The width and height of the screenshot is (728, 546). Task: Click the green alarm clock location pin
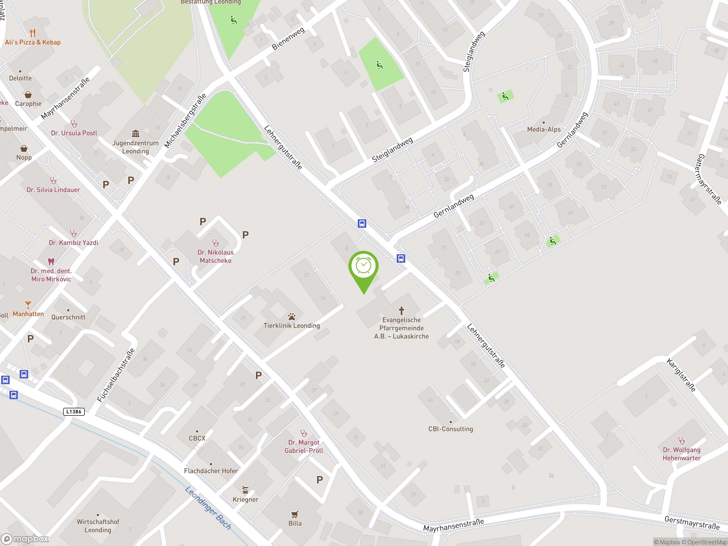(x=363, y=266)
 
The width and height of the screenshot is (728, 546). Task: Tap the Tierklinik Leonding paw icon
(x=291, y=317)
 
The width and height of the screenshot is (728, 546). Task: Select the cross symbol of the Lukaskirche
(x=401, y=310)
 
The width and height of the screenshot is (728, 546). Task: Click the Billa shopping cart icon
(x=295, y=514)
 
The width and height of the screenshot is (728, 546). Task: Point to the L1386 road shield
(x=74, y=411)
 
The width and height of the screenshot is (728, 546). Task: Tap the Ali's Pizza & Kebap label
(x=33, y=42)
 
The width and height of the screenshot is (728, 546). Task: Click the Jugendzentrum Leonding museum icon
(x=136, y=134)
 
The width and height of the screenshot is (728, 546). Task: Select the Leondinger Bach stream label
(x=208, y=508)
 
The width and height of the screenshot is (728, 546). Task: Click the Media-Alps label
(x=544, y=129)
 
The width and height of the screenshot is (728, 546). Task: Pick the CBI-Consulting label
(x=450, y=429)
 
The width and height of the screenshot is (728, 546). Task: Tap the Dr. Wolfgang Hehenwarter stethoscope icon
(x=682, y=440)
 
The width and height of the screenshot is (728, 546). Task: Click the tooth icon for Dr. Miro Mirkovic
(x=51, y=262)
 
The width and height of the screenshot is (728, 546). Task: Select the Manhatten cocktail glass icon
(x=28, y=305)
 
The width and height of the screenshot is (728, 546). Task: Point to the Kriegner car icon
(x=245, y=490)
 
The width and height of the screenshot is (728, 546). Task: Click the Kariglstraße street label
(x=681, y=375)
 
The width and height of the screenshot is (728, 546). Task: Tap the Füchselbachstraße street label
(x=116, y=375)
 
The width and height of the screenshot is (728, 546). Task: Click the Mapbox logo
(x=25, y=539)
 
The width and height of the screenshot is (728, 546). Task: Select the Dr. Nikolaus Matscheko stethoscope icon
(x=216, y=243)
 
